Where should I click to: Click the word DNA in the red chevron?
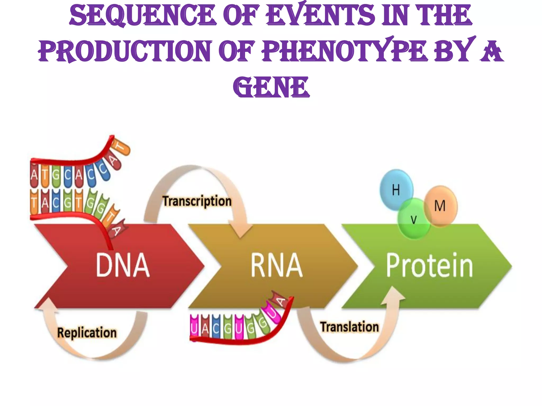(123, 265)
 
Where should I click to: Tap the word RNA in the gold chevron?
(276, 265)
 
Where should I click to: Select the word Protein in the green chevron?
(429, 265)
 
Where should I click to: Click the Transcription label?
(197, 201)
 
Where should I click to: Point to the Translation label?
(349, 327)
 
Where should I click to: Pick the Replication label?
(87, 333)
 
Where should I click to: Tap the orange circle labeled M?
(440, 206)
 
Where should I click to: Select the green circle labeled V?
(413, 219)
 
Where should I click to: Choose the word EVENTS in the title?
(320, 15)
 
